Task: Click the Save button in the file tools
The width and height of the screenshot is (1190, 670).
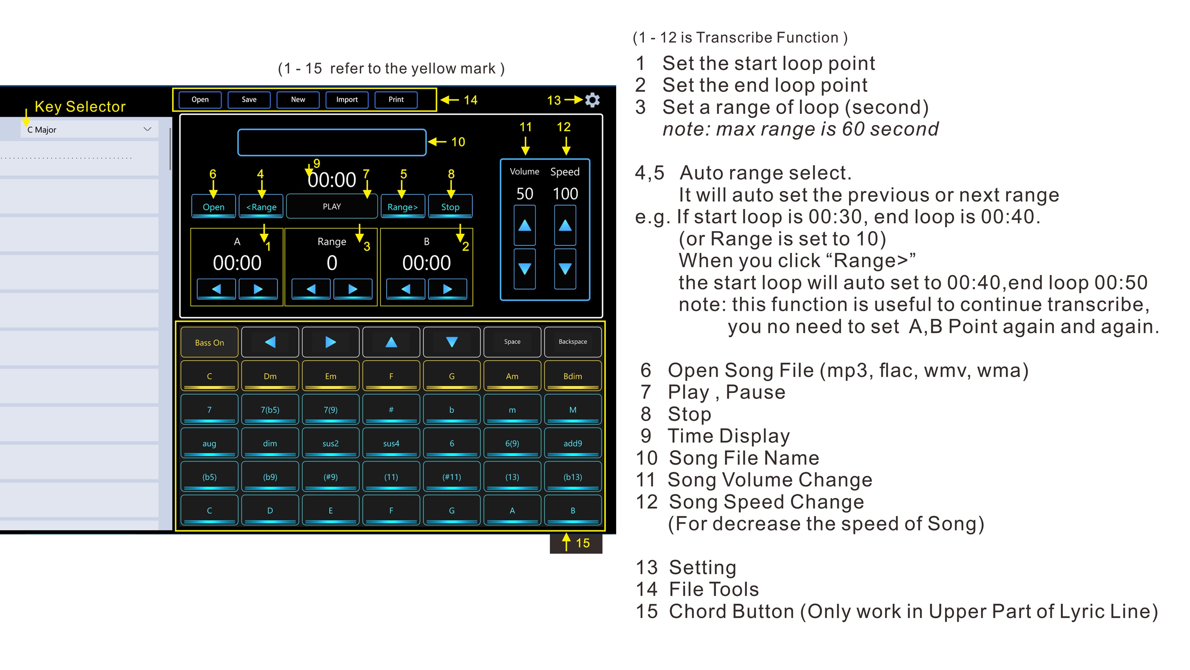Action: coord(249,99)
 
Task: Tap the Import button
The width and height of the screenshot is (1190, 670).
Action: coord(347,99)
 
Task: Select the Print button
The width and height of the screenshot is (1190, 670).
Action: coord(396,99)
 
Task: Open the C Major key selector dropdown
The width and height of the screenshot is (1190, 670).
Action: coord(89,129)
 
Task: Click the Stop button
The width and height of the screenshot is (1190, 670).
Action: coord(450,207)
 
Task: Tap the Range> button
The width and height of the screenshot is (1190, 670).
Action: coord(402,207)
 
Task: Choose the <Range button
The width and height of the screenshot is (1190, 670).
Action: coord(261,207)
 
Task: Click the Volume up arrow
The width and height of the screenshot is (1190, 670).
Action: coord(525,225)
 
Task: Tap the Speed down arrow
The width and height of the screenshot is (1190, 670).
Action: coord(565,269)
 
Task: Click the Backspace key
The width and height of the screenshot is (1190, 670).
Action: coord(573,342)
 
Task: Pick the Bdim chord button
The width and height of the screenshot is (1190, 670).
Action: coord(573,376)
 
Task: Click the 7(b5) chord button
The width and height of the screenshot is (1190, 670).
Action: coord(270,410)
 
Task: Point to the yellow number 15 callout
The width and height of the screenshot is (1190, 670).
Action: coord(583,543)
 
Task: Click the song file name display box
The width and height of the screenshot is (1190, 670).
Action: coord(332,142)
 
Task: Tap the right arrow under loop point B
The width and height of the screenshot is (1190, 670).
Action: coord(447,289)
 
